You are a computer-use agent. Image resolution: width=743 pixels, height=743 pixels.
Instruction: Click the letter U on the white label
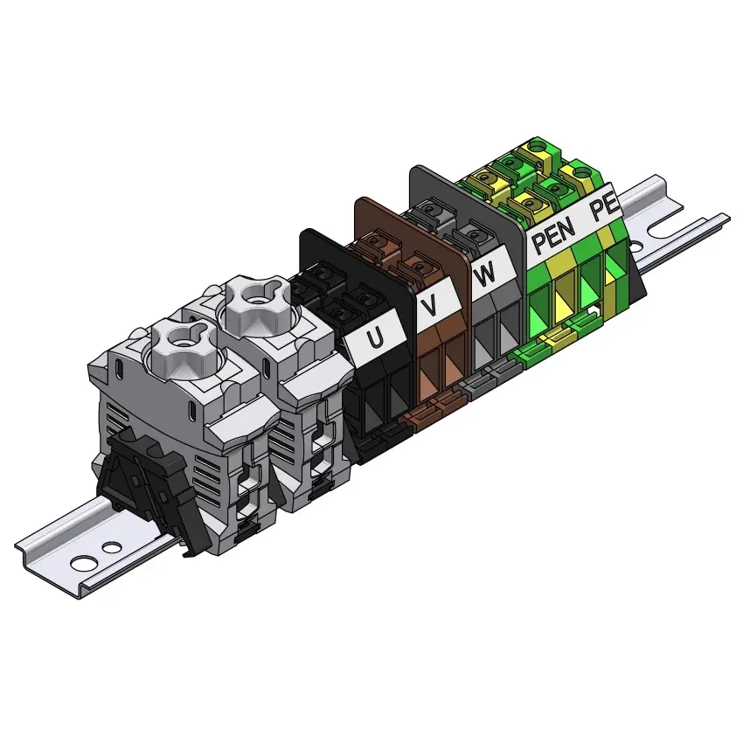(375, 337)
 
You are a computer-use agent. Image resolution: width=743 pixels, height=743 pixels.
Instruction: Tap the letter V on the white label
(430, 306)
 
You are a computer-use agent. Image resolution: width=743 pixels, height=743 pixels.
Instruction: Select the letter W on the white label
(484, 274)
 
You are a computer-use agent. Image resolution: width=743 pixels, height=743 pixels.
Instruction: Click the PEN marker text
(553, 234)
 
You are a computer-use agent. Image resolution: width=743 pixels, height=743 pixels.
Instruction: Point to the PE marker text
(604, 207)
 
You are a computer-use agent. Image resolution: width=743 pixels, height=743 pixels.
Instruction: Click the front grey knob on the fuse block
(183, 349)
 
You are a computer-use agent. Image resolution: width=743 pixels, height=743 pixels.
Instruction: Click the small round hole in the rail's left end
(112, 547)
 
